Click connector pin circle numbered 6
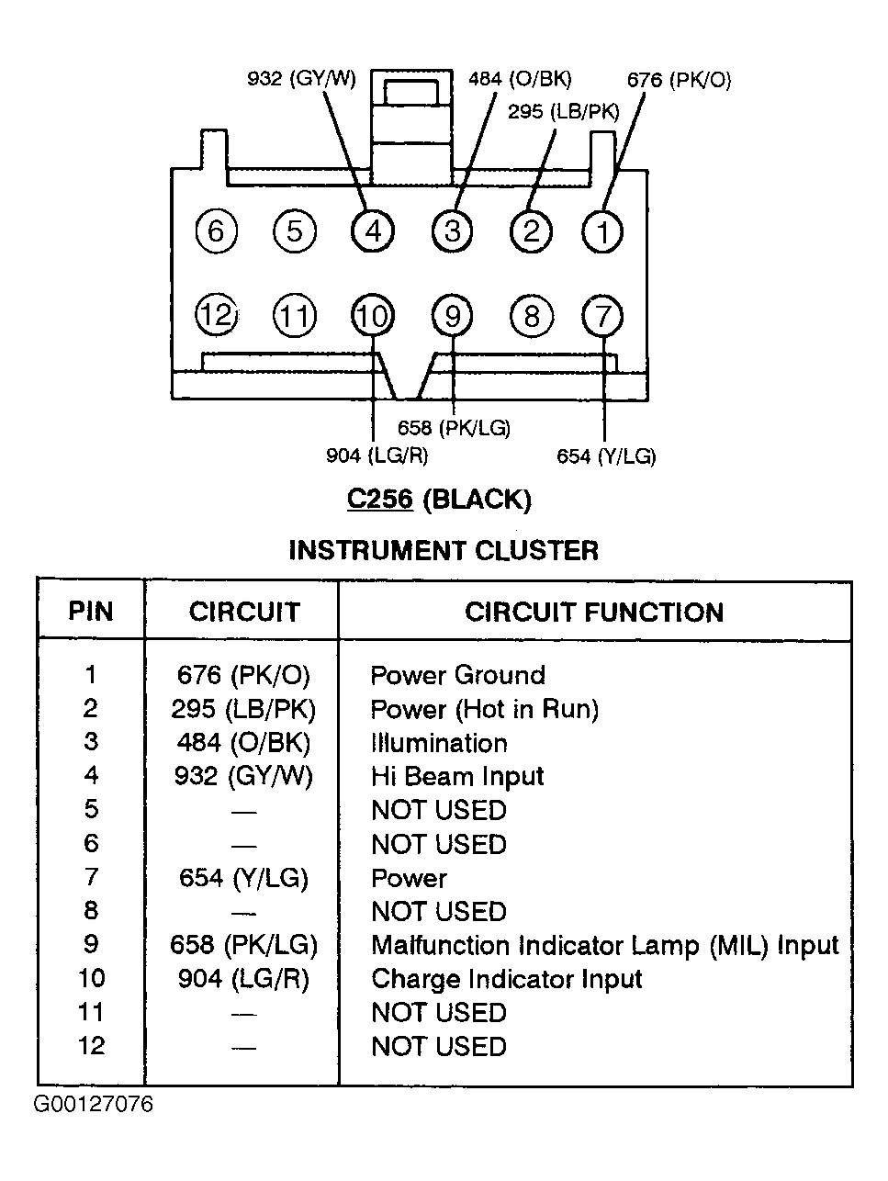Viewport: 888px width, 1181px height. pos(216,231)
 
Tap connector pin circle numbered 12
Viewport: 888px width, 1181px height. pos(217,315)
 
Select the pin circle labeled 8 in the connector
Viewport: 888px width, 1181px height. pos(532,316)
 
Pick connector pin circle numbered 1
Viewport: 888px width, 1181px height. pos(602,232)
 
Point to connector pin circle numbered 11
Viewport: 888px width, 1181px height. pos(295,316)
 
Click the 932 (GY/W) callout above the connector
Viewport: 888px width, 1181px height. pos(301,79)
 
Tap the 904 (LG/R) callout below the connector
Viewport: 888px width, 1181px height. pos(377,456)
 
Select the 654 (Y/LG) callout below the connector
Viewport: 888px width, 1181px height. pos(606,456)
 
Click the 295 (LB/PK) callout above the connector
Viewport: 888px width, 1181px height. pos(564,111)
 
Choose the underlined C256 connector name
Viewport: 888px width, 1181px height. pos(380,499)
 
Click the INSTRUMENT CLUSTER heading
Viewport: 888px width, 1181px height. pos(444,550)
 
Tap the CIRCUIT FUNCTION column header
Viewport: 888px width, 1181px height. pos(594,613)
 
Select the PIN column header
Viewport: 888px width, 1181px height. pos(90,612)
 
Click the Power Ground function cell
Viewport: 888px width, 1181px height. pos(457,675)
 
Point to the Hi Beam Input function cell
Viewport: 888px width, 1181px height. pos(457,776)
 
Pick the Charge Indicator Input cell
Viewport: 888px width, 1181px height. pos(506,979)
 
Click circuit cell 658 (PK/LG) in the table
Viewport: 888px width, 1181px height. pos(243,945)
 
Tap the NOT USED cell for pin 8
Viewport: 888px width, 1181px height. pos(439,911)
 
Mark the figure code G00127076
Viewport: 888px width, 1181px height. pos(93,1104)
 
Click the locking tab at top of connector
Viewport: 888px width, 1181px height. pos(410,128)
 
